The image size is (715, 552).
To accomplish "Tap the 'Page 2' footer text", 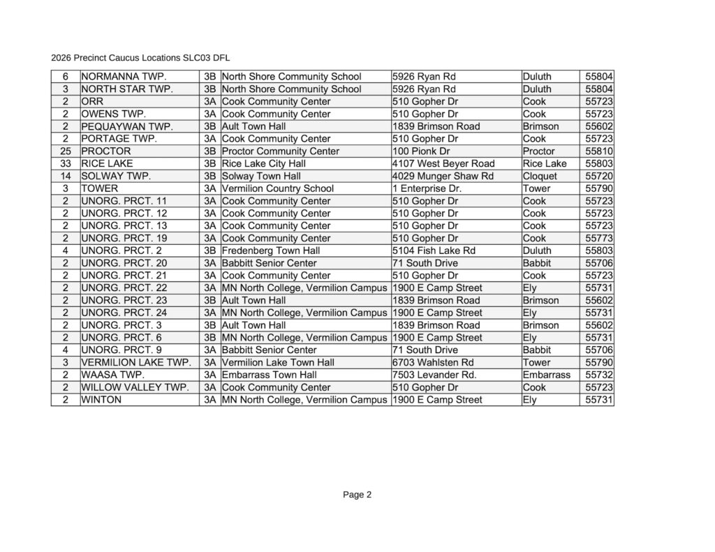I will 357,495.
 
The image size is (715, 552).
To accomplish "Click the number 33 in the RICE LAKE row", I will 64,164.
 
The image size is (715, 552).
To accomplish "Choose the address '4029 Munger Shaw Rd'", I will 443,177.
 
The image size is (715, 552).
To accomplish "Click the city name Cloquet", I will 541,177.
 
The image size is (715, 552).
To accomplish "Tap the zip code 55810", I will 599,151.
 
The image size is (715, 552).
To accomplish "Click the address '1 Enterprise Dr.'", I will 427,188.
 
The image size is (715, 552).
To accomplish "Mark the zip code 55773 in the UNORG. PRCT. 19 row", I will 599,239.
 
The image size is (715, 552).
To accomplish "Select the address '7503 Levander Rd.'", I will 434,375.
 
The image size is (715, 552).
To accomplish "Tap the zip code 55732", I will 599,375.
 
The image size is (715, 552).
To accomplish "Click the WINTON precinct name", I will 101,400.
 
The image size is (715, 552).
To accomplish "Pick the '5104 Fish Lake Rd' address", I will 434,251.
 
